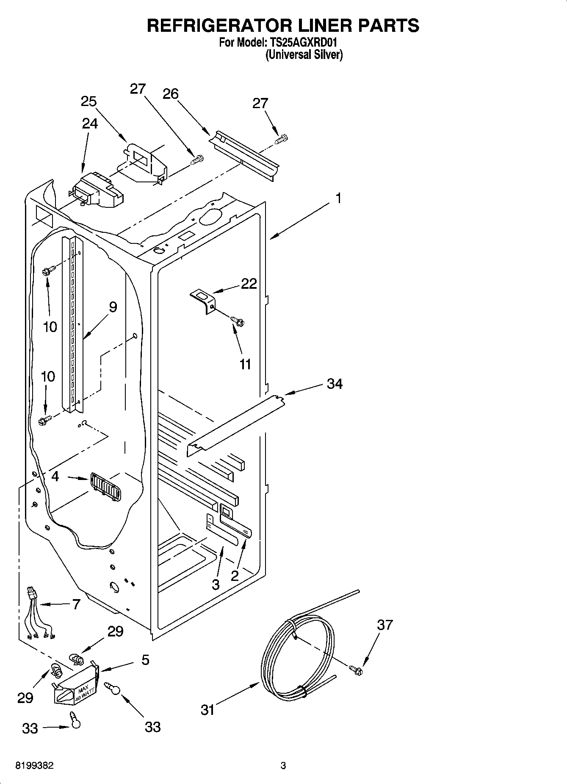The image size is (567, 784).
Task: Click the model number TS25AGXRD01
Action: (x=304, y=43)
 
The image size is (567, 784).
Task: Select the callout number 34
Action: (x=335, y=384)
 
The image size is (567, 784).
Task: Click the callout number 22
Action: (x=249, y=284)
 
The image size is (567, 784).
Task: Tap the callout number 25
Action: (x=89, y=101)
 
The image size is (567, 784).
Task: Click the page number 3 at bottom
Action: (x=283, y=766)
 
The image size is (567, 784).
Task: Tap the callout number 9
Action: (x=113, y=307)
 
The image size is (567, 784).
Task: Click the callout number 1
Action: (x=338, y=198)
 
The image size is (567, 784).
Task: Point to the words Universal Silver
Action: (x=304, y=55)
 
